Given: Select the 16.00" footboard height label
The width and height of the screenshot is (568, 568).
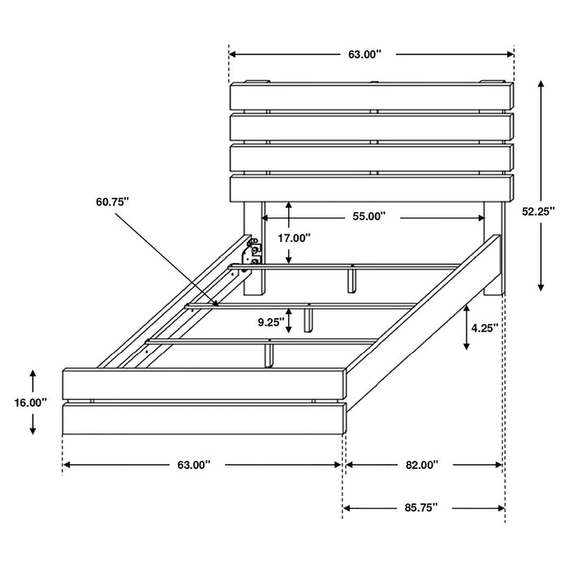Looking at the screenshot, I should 31,402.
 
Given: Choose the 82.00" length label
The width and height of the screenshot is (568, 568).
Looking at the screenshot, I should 422,465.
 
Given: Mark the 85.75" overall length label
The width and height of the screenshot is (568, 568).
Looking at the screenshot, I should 421,507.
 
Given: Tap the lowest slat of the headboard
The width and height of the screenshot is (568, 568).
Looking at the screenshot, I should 372,187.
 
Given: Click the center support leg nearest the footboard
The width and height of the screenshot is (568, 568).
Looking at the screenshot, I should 268,352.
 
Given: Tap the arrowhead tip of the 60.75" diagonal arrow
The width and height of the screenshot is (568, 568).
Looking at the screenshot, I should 218,304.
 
